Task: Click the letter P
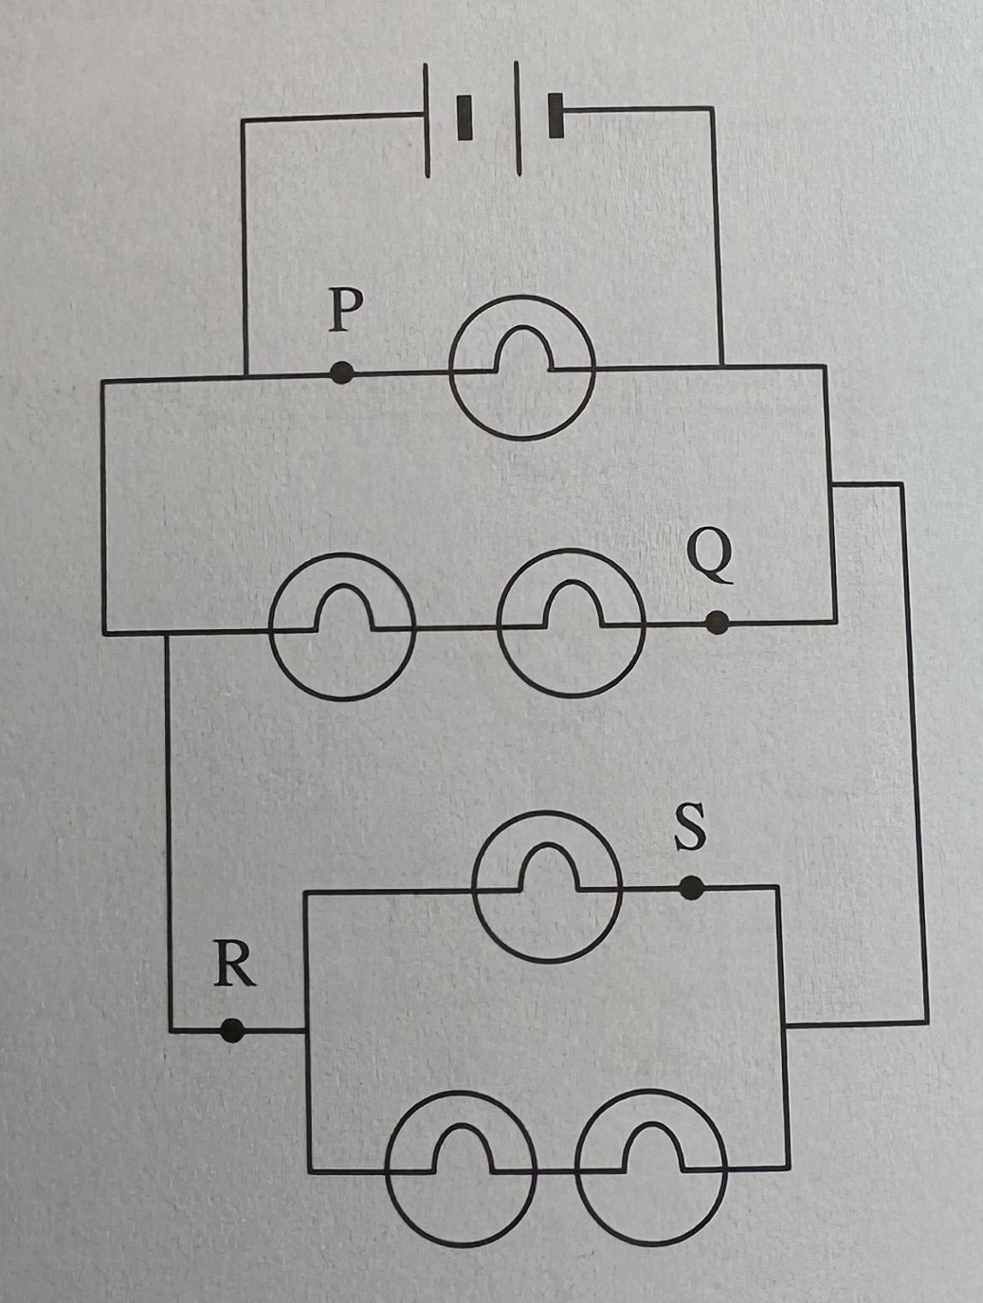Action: click(346, 312)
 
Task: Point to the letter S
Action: click(689, 827)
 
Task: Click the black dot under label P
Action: click(343, 373)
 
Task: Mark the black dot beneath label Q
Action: click(718, 623)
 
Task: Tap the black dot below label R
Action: click(230, 1030)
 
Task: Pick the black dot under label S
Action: click(692, 888)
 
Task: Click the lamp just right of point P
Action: click(522, 368)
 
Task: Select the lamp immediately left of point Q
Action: click(572, 624)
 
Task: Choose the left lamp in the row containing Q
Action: click(342, 626)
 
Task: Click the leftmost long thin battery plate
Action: click(428, 118)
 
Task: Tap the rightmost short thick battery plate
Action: click(555, 117)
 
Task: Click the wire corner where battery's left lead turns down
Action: click(245, 121)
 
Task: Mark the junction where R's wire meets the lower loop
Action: click(305, 1030)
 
